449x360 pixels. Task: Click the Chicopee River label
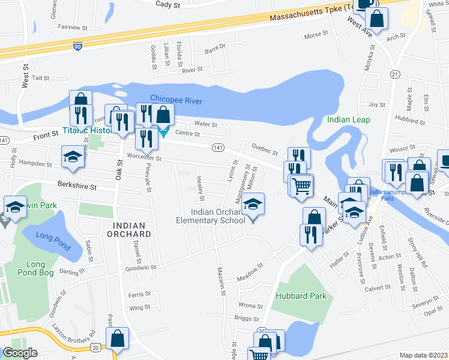pyautogui.click(x=176, y=100)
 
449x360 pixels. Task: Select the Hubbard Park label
pyautogui.click(x=301, y=296)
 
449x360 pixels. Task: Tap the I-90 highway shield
pyautogui.click(x=77, y=46)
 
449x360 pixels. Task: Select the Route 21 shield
pyautogui.click(x=394, y=74)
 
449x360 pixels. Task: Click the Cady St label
pyautogui.click(x=168, y=4)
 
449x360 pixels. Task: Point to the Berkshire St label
pyautogui.click(x=77, y=186)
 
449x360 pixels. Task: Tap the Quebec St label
pyautogui.click(x=265, y=152)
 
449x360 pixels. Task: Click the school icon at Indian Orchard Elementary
pyautogui.click(x=253, y=205)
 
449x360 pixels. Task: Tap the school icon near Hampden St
pyautogui.click(x=73, y=157)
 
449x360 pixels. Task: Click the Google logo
pyautogui.click(x=20, y=353)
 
